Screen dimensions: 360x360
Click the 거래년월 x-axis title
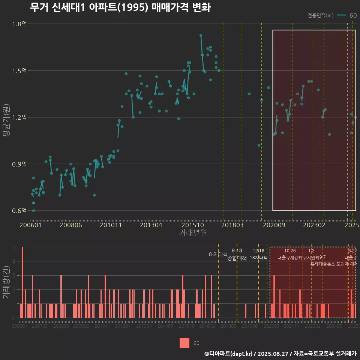[x=193, y=233]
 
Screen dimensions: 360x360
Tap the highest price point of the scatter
[x=201, y=35]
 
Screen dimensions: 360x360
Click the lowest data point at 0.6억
[x=33, y=211]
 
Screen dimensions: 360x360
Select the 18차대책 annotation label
[x=258, y=258]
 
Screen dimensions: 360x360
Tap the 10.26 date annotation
[x=290, y=251]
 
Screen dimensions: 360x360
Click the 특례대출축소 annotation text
[x=322, y=264]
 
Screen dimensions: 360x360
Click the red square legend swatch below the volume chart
[x=184, y=343]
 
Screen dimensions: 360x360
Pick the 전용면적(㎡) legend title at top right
[x=320, y=15]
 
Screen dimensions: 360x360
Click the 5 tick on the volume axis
[x=13, y=247]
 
